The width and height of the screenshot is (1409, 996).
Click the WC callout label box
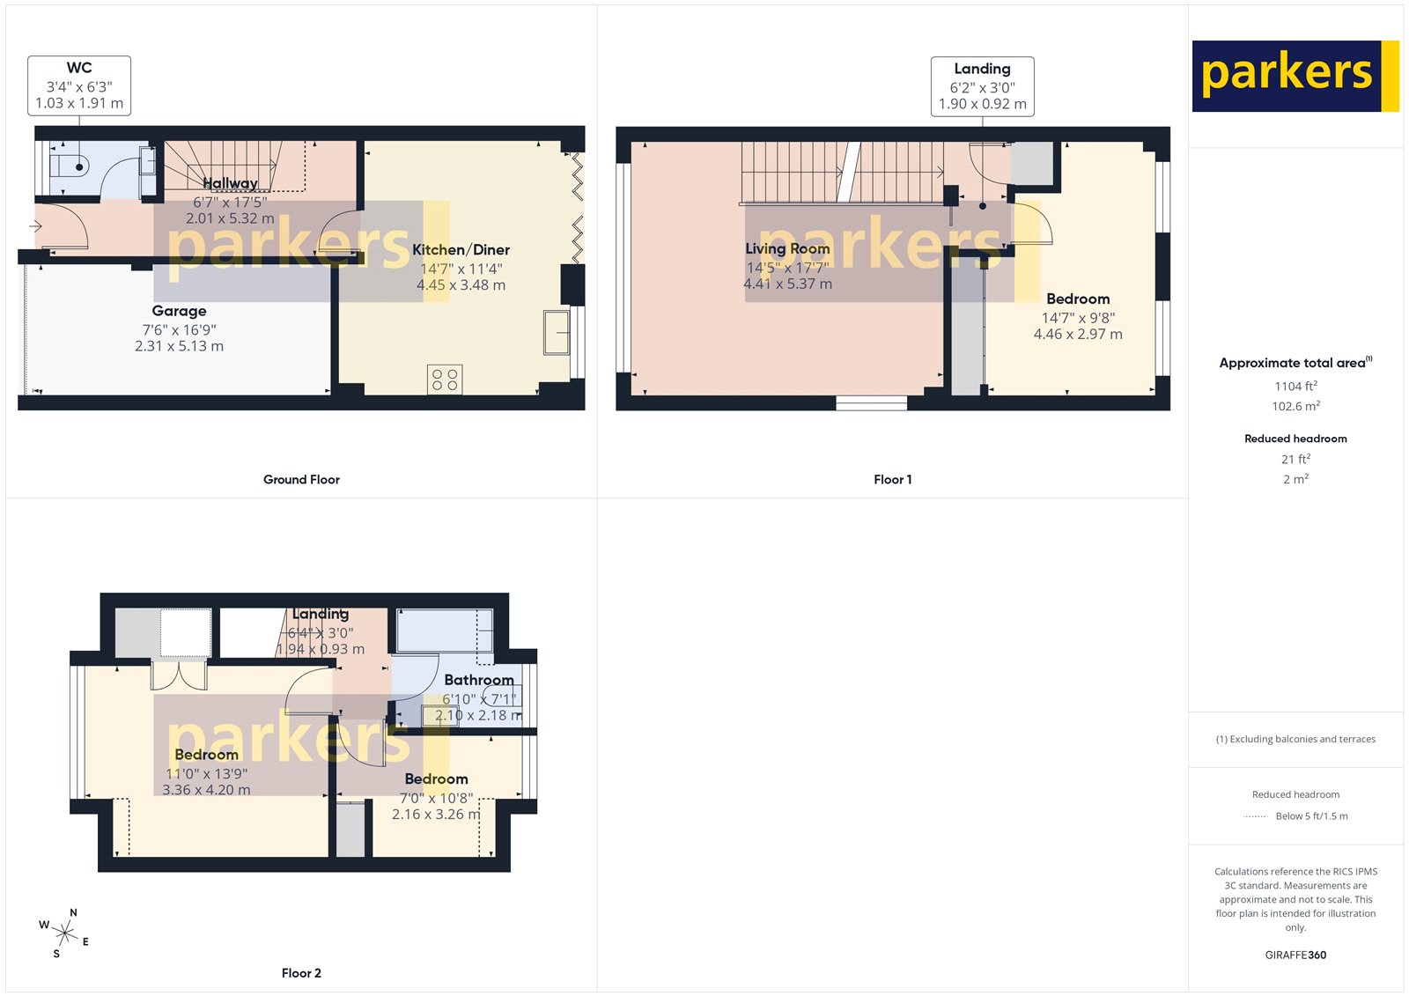point(79,85)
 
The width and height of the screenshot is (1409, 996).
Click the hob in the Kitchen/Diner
point(445,380)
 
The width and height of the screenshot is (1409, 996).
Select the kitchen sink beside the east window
point(557,332)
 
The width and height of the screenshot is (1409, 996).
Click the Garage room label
point(179,311)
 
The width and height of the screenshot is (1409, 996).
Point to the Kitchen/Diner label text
point(461,250)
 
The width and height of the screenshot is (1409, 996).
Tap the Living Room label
point(787,249)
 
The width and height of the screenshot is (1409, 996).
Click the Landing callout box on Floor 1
point(982,86)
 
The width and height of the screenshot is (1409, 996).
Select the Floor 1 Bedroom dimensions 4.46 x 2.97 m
point(1078,335)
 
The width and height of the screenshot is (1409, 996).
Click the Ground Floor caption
point(301,480)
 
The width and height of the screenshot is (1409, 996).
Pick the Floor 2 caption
point(301,973)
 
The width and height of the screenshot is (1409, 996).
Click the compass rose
point(64,931)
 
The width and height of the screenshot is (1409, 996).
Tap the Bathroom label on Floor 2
point(478,680)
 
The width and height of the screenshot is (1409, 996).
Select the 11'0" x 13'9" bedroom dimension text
point(206,774)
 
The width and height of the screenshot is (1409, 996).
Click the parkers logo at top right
point(1295,76)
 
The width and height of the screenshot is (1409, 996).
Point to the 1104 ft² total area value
point(1295,386)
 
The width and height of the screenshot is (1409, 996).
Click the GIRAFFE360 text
point(1295,955)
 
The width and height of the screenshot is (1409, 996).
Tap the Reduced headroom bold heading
point(1295,439)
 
